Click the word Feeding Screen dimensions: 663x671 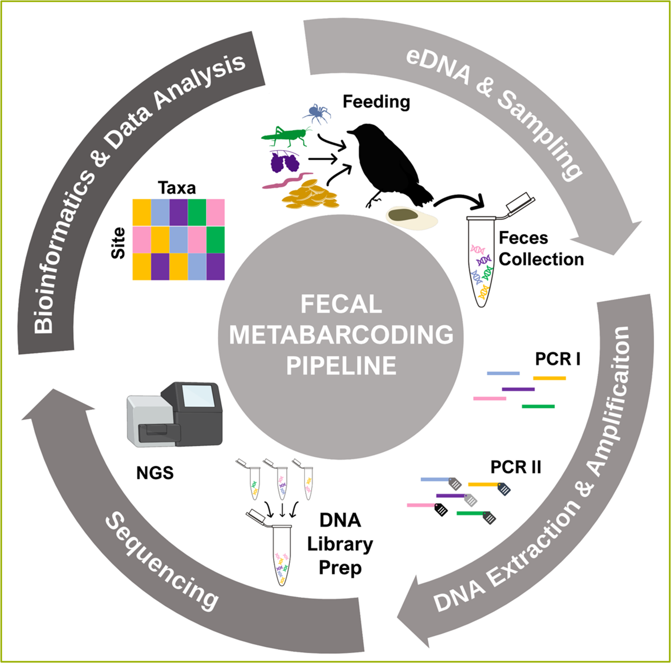[x=376, y=102]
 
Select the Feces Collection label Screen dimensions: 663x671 [x=540, y=249]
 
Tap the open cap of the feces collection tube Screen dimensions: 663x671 [x=520, y=203]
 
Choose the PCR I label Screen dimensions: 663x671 [x=557, y=359]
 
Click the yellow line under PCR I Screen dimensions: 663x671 [x=549, y=378]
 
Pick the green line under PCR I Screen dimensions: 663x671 [x=538, y=406]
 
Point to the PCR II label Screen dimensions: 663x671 [x=515, y=467]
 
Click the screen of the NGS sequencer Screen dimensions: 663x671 [x=198, y=395]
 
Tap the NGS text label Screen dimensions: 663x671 [x=155, y=473]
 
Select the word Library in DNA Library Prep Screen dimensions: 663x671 [x=340, y=544]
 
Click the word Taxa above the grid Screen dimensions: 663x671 [x=177, y=188]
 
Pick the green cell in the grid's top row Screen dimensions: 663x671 [x=197, y=212]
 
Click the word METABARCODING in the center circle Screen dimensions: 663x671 [x=341, y=335]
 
